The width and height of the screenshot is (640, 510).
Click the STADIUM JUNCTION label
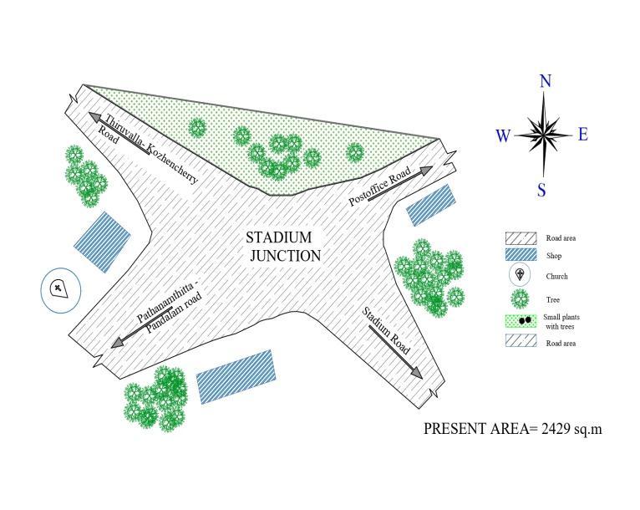pyautogui.click(x=284, y=247)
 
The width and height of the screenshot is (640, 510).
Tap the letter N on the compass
pyautogui.click(x=546, y=81)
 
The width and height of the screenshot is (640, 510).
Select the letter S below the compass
pyautogui.click(x=541, y=191)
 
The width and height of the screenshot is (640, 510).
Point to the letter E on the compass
pyautogui.click(x=583, y=134)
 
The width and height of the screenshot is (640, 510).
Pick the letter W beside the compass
pyautogui.click(x=503, y=136)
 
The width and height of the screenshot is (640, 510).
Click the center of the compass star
pyautogui.click(x=544, y=134)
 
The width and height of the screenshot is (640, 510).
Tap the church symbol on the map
pyautogui.click(x=59, y=290)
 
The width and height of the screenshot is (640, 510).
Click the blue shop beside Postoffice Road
pyautogui.click(x=431, y=205)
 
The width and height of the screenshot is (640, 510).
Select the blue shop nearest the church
pyautogui.click(x=103, y=242)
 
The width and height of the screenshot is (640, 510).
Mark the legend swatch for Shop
pyautogui.click(x=520, y=255)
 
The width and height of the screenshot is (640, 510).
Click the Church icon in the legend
pyautogui.click(x=521, y=275)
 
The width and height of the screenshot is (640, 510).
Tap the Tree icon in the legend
pyautogui.click(x=521, y=298)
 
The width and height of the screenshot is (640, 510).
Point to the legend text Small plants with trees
pyautogui.click(x=561, y=322)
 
